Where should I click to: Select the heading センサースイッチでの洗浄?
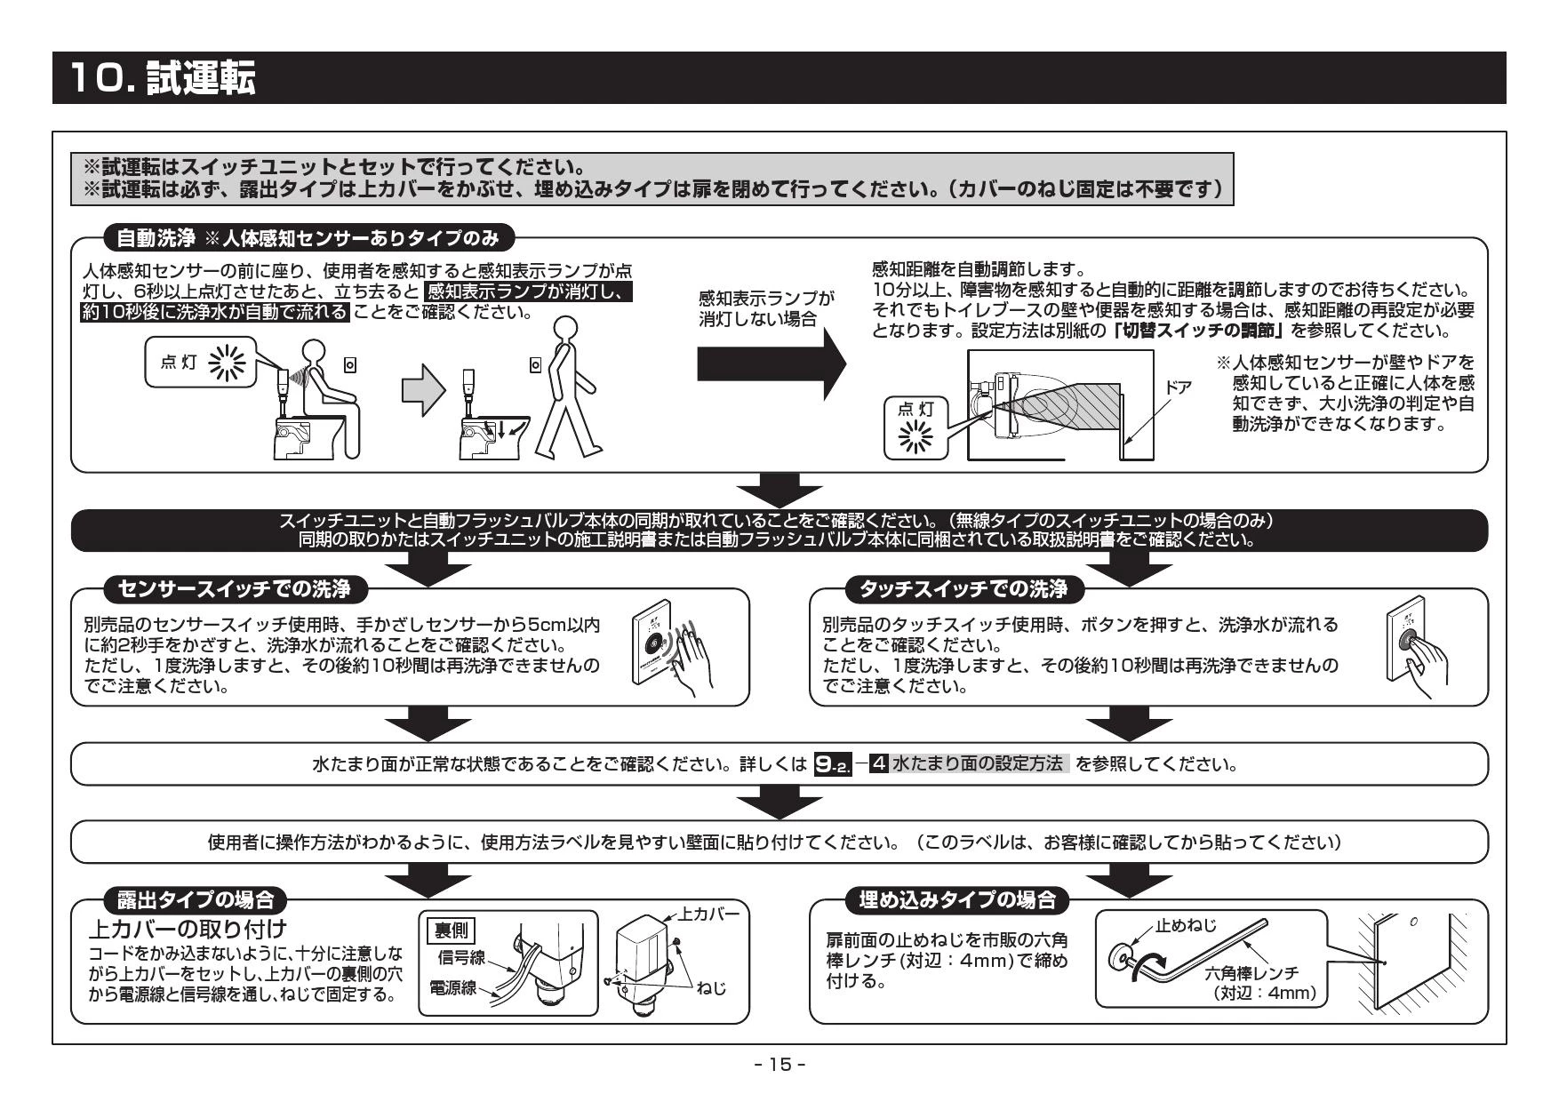pyautogui.click(x=234, y=589)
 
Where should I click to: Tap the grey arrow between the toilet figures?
pyautogui.click(x=423, y=391)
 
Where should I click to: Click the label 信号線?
pyautogui.click(x=460, y=956)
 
